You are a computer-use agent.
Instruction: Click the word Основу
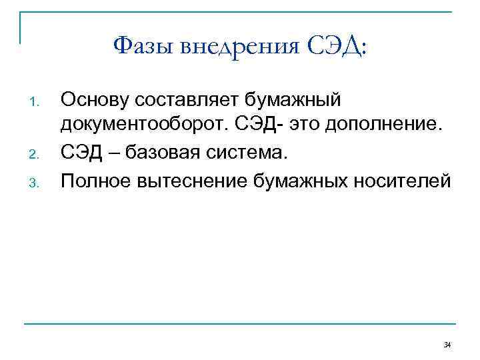tap(95, 101)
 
